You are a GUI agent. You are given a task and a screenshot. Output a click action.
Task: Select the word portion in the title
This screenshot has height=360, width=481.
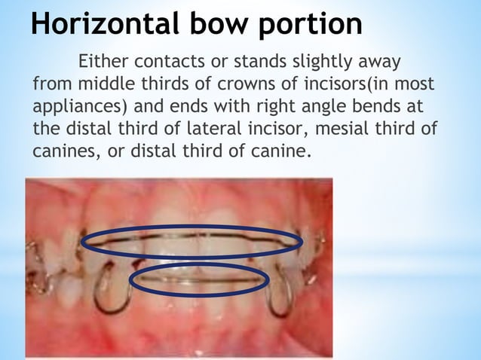click(311, 25)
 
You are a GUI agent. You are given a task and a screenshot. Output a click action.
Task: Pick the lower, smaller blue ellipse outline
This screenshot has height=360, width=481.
click(199, 291)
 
